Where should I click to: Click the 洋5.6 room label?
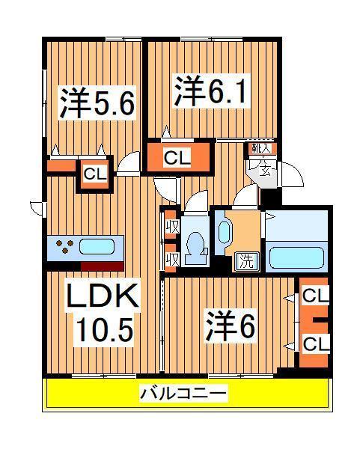97,103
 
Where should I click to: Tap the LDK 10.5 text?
103,314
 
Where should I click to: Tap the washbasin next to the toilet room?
224,232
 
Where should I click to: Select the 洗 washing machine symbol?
245,261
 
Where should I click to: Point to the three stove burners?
62,246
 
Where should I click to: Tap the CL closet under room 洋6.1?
177,158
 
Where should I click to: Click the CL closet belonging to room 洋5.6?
94,174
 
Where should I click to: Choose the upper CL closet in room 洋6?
316,296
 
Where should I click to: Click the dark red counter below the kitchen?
102,266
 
